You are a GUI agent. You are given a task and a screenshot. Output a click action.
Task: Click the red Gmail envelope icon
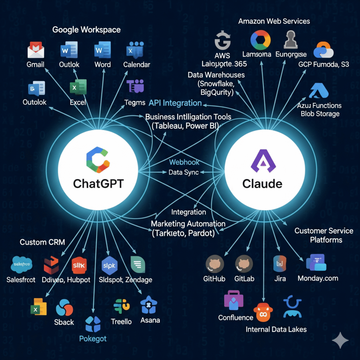click(36, 50)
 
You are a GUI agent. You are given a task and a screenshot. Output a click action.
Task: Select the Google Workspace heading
click(86, 30)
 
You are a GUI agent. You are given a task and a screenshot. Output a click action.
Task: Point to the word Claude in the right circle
click(262, 184)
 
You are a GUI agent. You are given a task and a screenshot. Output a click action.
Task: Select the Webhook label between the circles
click(184, 162)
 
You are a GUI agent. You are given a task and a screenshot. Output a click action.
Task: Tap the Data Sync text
click(184, 172)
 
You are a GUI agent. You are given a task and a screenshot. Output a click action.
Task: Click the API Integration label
click(175, 103)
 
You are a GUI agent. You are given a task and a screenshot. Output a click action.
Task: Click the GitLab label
click(244, 278)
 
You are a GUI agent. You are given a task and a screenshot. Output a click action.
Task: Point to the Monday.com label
click(318, 278)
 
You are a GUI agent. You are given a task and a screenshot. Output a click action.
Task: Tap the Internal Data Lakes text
click(276, 329)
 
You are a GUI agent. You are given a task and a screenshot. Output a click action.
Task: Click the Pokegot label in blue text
click(93, 339)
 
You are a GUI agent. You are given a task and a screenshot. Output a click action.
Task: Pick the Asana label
click(150, 320)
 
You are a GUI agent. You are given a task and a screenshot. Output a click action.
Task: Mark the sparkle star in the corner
click(340, 340)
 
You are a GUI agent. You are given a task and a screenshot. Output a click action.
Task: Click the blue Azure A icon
click(319, 90)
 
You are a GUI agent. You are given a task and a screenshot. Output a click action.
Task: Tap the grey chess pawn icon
click(291, 40)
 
